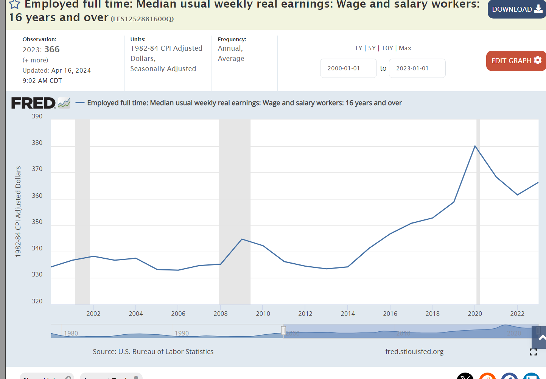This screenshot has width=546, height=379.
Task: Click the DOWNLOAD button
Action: point(516,9)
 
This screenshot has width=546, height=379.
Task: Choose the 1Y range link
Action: point(358,48)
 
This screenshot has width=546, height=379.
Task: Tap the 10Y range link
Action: point(387,48)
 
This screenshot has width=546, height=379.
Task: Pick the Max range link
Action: point(405,48)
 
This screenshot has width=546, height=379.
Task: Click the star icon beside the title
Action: point(15,5)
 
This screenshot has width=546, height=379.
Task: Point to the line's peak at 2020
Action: point(475,146)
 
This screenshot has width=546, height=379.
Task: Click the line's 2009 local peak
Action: point(242,239)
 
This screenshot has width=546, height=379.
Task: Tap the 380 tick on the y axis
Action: point(37,143)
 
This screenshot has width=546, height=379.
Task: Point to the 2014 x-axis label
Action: point(348,314)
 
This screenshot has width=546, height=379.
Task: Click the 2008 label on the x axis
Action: point(221,314)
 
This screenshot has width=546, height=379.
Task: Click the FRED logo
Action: point(33,103)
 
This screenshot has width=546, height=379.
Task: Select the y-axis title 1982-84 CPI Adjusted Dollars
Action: point(18,212)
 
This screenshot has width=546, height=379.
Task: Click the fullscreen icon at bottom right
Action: point(533,352)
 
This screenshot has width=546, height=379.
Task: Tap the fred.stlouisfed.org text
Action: point(414,352)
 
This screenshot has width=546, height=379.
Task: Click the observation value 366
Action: point(52,50)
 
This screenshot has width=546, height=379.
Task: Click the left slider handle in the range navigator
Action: point(283,331)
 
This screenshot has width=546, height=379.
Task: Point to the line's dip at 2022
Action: point(517,195)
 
